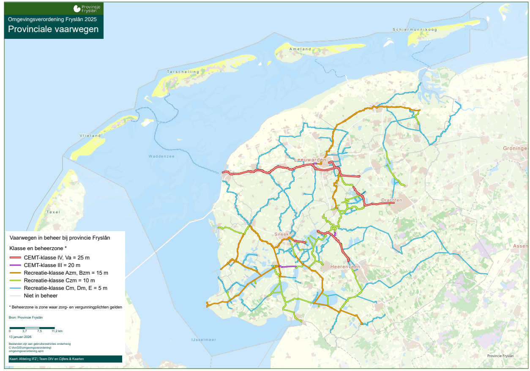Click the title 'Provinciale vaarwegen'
(53, 29)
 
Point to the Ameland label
(300, 49)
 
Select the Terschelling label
(183, 72)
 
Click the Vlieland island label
(90, 136)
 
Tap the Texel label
(53, 212)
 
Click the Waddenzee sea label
(161, 156)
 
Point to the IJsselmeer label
(204, 340)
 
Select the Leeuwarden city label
(310, 160)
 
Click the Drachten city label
(391, 200)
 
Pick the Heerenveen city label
(345, 267)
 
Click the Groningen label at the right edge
(515, 149)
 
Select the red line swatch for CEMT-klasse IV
(16, 257)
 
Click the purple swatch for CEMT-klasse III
(16, 265)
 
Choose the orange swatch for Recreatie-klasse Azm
(16, 273)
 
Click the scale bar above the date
(32, 327)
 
